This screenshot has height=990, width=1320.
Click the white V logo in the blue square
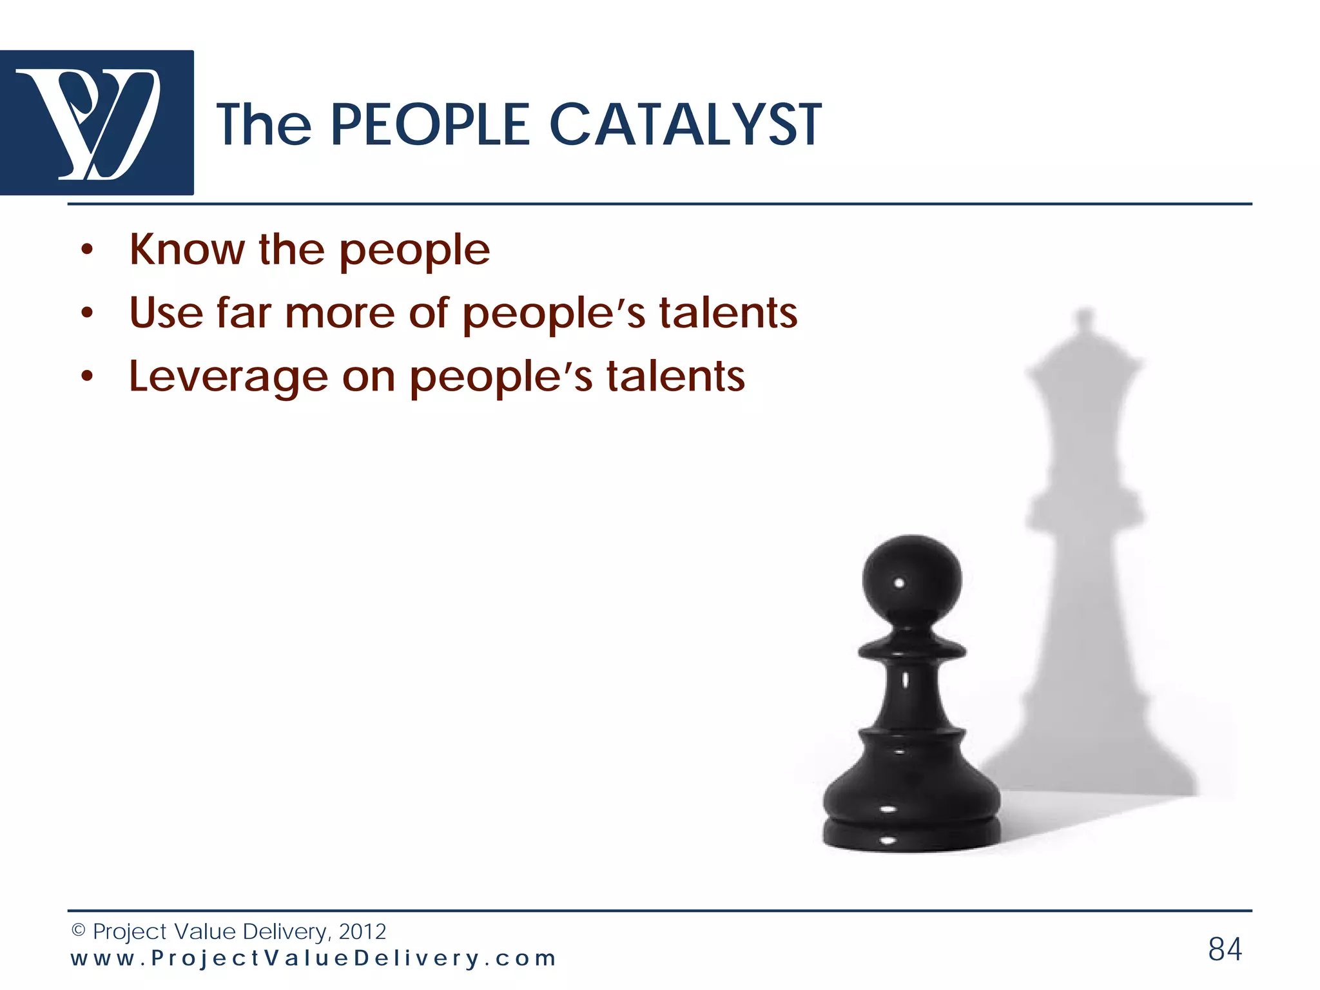97,122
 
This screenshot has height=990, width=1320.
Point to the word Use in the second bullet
166,313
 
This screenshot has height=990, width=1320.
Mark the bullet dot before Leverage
88,378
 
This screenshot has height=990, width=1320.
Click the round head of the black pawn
911,580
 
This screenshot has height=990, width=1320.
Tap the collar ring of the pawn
911,651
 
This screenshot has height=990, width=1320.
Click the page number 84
1225,949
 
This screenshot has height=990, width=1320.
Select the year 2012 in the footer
362,931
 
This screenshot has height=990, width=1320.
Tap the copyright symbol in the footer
78,931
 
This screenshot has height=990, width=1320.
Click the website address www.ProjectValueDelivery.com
313,958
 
